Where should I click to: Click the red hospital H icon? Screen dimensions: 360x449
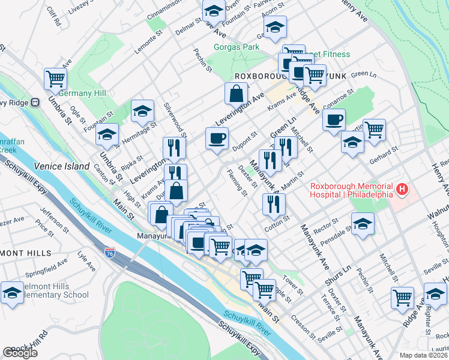[x=402, y=191]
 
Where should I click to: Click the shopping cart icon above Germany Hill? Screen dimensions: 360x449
[x=55, y=77]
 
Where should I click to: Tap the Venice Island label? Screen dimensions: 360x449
[x=57, y=166]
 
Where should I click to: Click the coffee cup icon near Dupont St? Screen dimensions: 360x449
[x=217, y=138]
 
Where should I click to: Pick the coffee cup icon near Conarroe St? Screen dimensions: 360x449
[x=334, y=118]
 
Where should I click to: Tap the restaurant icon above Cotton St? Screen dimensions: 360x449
[x=274, y=203]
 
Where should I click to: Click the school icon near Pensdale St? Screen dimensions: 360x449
[x=363, y=224]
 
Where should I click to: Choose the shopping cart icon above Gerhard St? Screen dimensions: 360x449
[x=374, y=129]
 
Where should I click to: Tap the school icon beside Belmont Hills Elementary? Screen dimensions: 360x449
[x=12, y=293]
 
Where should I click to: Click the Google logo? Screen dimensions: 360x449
[x=20, y=353]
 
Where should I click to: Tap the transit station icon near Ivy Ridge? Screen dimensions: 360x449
[x=35, y=103]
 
